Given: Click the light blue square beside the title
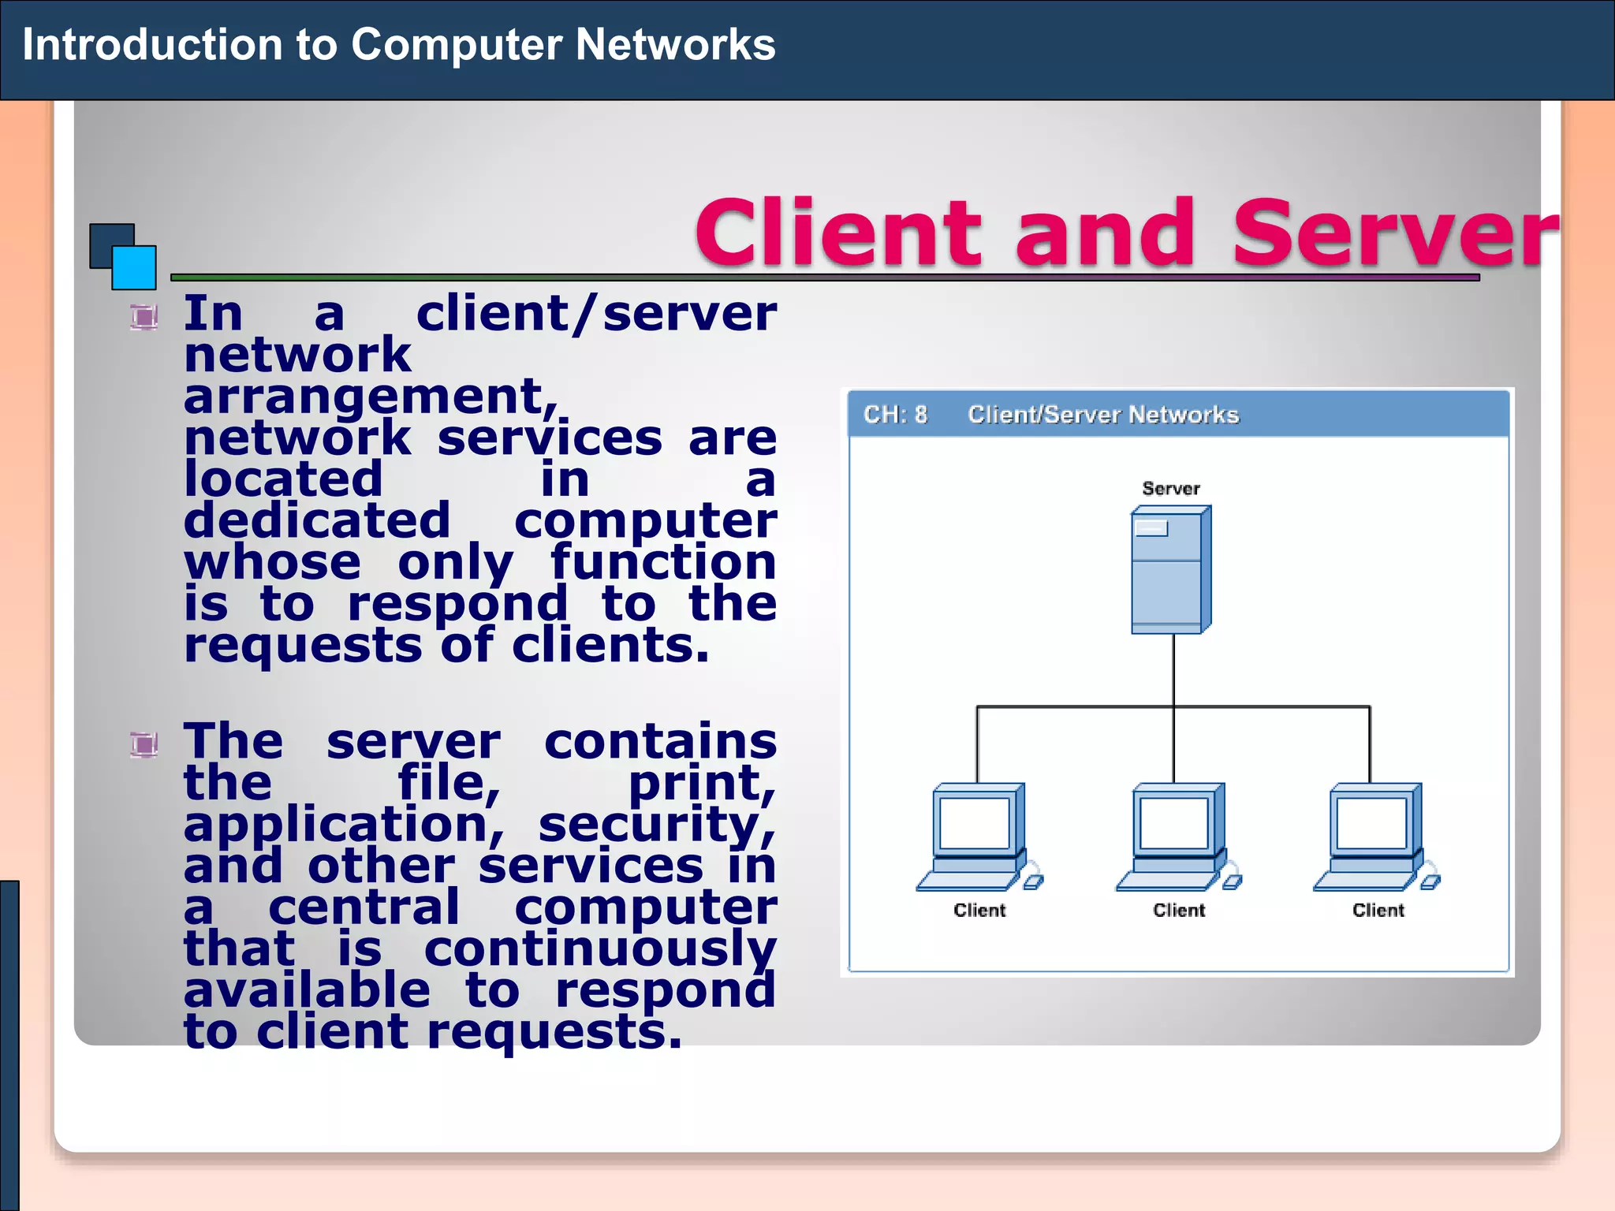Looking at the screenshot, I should point(134,268).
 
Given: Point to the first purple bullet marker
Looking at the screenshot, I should point(144,317).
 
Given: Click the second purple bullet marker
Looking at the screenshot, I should point(144,744).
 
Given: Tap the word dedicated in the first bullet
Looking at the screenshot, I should point(317,521).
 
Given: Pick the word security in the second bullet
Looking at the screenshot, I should point(656,825).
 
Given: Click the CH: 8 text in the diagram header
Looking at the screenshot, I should point(895,415).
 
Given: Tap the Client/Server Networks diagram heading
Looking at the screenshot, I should point(1102,415).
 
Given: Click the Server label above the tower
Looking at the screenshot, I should point(1170,489).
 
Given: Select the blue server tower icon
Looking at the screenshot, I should point(1170,569).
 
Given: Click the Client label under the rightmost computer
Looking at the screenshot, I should point(1378,911).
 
